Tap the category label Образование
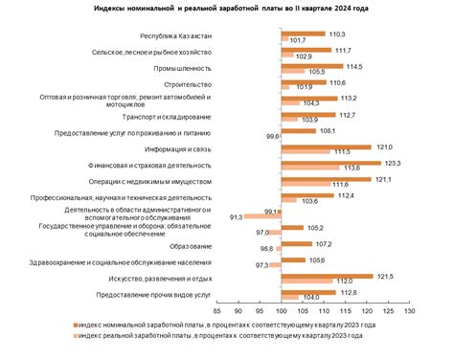pyautogui.click(x=191, y=246)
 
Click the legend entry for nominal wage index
pyautogui.click(x=229, y=326)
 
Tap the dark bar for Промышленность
pyautogui.click(x=312, y=66)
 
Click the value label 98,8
pyautogui.click(x=267, y=249)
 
